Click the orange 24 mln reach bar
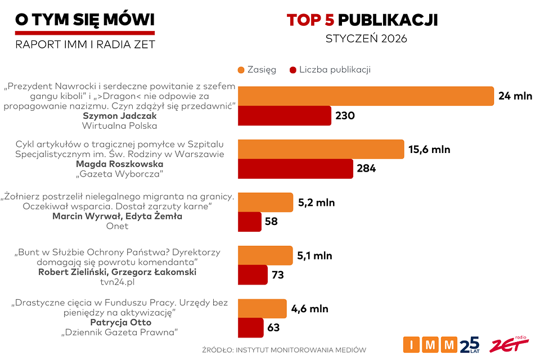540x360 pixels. pos(366,96)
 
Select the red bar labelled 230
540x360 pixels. pos(285,116)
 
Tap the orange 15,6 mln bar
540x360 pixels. pos(321,150)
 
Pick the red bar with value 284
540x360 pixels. pos(295,168)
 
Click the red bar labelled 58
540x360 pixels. pos(250,222)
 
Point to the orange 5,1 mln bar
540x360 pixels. pos(265,255)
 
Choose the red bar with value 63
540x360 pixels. pos(251,327)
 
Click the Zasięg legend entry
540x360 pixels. pos(257,70)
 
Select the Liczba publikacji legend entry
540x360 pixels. pos(330,70)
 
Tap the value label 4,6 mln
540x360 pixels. pos(310,309)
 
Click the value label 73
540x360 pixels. pos(277,275)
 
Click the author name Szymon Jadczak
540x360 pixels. pos(119,116)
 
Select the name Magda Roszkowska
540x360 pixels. pos(119,164)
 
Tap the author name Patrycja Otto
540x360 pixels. pos(119,322)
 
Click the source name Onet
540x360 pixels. pos(117,226)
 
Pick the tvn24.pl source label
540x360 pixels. pos(117,282)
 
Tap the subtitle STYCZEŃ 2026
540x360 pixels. pos(366,39)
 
